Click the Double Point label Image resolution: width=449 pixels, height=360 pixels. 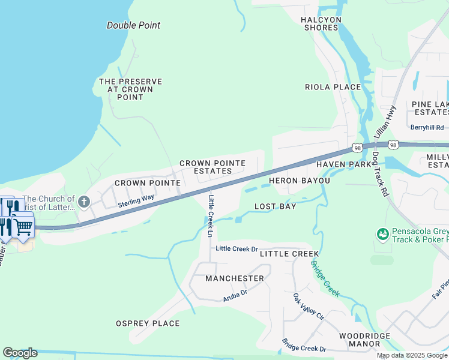[x=133, y=25]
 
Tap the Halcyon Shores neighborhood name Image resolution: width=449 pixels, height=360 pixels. [x=322, y=23]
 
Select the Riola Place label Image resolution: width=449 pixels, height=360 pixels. [x=333, y=87]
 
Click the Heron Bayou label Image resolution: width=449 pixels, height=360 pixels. [x=299, y=181]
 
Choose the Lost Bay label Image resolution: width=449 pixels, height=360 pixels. [x=275, y=206]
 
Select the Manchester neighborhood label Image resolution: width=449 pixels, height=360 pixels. [x=234, y=278]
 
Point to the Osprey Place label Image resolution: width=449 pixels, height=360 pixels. [x=147, y=323]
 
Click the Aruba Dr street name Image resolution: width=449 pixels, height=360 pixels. [x=235, y=293]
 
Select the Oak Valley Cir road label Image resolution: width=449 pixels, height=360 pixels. [x=308, y=306]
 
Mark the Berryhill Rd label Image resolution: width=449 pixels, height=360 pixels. [x=427, y=127]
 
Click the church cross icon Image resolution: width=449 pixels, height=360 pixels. [x=84, y=202]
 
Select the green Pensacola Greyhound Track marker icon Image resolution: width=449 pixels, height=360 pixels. [x=382, y=233]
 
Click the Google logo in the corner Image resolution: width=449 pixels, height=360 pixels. [x=20, y=353]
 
